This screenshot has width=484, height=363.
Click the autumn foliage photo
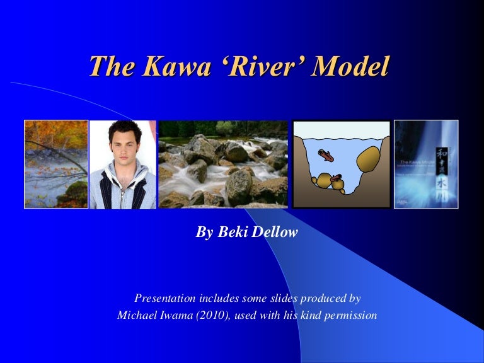pos(56,164)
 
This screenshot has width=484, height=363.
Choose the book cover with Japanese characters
pos(426,164)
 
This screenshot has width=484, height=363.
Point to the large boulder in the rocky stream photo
pos(239,187)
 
